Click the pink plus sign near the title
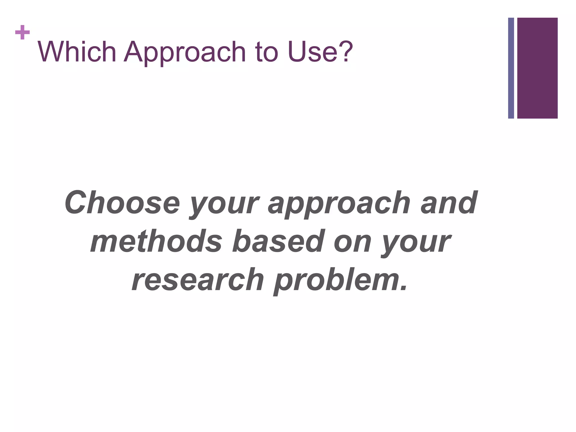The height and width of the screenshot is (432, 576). (x=23, y=33)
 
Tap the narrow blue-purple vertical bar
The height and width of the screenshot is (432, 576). (x=511, y=68)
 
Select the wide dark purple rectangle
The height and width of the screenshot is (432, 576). (x=537, y=68)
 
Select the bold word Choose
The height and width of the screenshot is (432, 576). (x=122, y=202)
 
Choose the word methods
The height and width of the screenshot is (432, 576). (x=156, y=241)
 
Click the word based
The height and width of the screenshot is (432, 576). (x=278, y=241)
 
